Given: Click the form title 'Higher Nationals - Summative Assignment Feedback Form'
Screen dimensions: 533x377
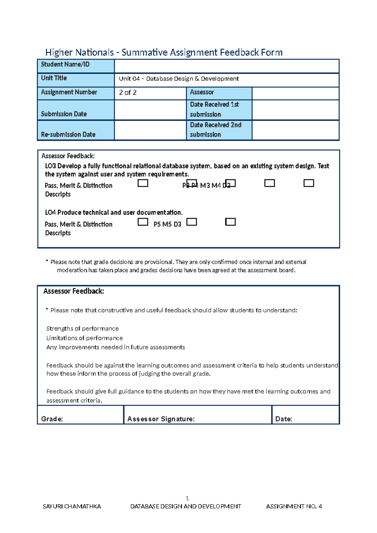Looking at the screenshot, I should (x=164, y=52).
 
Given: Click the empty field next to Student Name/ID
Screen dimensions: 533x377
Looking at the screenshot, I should (x=226, y=66).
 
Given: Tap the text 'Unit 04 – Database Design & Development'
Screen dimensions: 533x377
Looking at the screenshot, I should (x=178, y=79).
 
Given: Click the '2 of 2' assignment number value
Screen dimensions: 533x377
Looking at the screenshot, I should (x=128, y=92).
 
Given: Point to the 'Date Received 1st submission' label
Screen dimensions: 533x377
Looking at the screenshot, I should (x=214, y=109).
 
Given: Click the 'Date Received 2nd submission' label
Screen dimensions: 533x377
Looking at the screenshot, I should (x=216, y=129).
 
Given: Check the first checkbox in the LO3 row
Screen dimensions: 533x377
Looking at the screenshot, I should (x=143, y=183).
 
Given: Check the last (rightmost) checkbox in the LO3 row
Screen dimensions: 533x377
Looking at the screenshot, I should (x=309, y=183).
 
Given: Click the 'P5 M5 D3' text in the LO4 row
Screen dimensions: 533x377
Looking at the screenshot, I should (x=167, y=224).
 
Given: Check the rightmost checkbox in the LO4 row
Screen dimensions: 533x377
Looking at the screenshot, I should (x=230, y=222).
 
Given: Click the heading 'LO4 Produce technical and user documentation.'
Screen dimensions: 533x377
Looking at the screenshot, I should (x=114, y=212).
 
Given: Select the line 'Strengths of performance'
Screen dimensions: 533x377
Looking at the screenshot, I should (x=82, y=328).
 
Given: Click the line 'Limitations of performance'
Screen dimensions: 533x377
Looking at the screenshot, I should (x=85, y=338).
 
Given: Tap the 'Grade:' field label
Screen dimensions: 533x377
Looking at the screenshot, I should (x=52, y=419).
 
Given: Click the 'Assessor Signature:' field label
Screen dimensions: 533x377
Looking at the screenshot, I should (x=161, y=419).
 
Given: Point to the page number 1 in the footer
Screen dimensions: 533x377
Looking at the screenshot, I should (x=187, y=498).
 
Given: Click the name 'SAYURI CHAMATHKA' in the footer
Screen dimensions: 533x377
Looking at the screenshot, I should (x=72, y=506).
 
